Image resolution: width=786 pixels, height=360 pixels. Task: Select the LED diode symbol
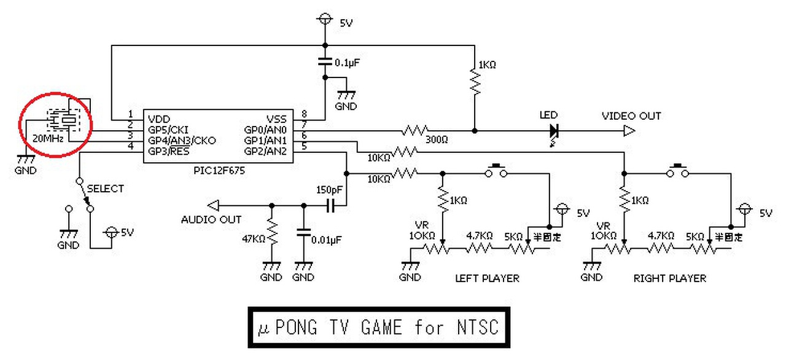(554, 130)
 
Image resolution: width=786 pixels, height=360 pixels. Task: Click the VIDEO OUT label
(631, 116)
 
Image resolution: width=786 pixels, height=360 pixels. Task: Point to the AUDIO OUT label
(211, 219)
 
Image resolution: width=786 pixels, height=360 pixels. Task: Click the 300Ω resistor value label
(437, 141)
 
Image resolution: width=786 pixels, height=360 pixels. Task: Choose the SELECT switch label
(105, 189)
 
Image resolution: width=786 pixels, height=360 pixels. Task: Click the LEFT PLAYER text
(487, 278)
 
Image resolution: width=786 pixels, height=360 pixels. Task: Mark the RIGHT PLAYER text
(670, 278)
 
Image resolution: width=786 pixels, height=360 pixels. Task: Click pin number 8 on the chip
(303, 114)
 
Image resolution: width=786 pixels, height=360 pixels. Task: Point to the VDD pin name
(157, 118)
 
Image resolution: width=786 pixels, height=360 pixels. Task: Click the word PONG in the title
(297, 327)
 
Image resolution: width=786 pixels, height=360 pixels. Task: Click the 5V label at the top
(346, 23)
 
